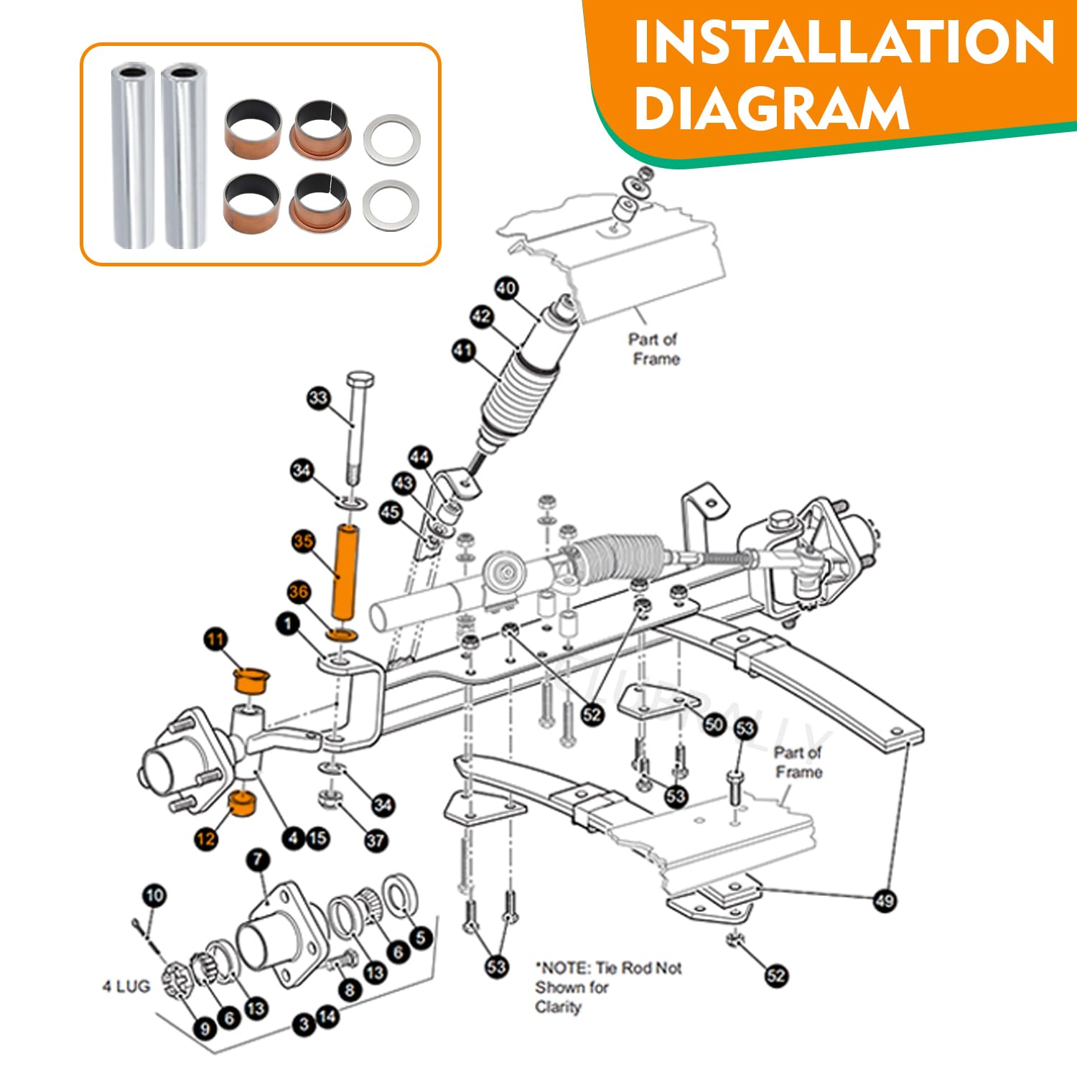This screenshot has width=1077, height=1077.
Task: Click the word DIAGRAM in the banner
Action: tap(772, 108)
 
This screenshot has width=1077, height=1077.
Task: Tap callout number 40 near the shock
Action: tap(506, 289)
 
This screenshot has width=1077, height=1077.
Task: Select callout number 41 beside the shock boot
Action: tap(464, 350)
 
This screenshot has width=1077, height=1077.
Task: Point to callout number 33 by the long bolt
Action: tap(318, 398)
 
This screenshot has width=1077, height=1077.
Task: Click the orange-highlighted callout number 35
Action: tap(303, 541)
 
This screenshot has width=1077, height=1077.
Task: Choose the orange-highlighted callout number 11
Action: tap(215, 639)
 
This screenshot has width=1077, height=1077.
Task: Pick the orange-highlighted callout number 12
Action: tap(206, 839)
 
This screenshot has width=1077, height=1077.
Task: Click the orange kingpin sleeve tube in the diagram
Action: tap(345, 572)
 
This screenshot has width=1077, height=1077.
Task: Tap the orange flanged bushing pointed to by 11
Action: tap(251, 680)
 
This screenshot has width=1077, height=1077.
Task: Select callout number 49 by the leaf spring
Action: tap(885, 900)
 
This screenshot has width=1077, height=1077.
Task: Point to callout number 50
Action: tap(714, 724)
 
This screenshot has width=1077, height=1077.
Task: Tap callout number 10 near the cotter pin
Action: tap(154, 895)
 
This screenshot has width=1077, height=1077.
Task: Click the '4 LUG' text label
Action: tap(126, 987)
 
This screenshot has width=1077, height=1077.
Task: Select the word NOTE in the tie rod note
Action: tap(564, 968)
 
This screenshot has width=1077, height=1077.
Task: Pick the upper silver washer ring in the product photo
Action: tap(391, 139)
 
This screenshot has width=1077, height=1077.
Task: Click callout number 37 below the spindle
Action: tap(376, 840)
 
